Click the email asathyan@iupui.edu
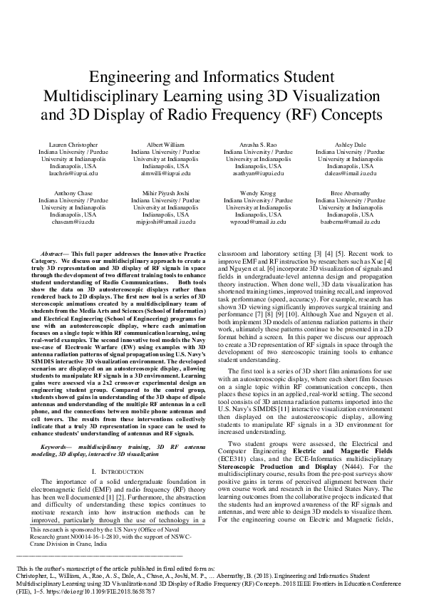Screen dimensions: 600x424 pos(258,172)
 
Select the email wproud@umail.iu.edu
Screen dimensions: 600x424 pos(258,222)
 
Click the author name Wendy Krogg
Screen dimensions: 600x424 pos(258,193)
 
